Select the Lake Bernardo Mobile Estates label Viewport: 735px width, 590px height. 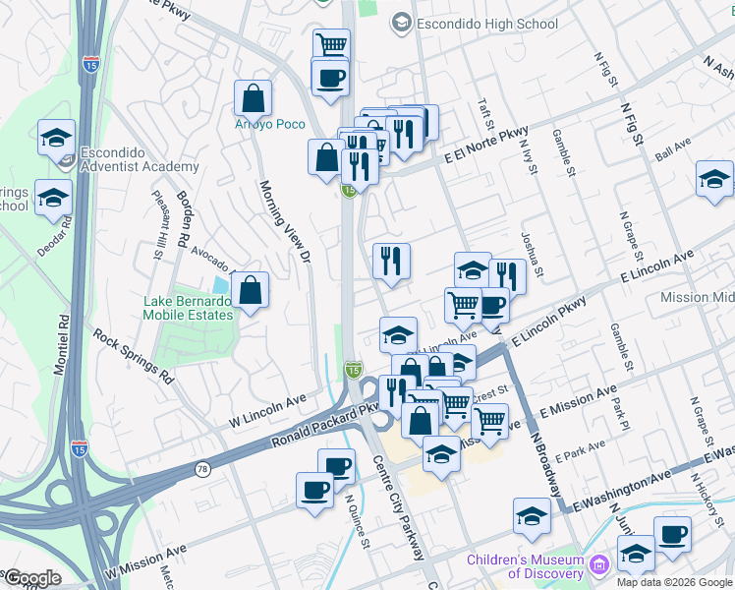(x=188, y=308)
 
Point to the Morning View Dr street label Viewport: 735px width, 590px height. (x=284, y=221)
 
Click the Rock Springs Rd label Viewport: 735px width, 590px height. (x=134, y=355)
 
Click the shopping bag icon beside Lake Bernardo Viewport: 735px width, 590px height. (x=251, y=290)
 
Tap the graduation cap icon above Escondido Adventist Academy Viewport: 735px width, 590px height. (x=56, y=137)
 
